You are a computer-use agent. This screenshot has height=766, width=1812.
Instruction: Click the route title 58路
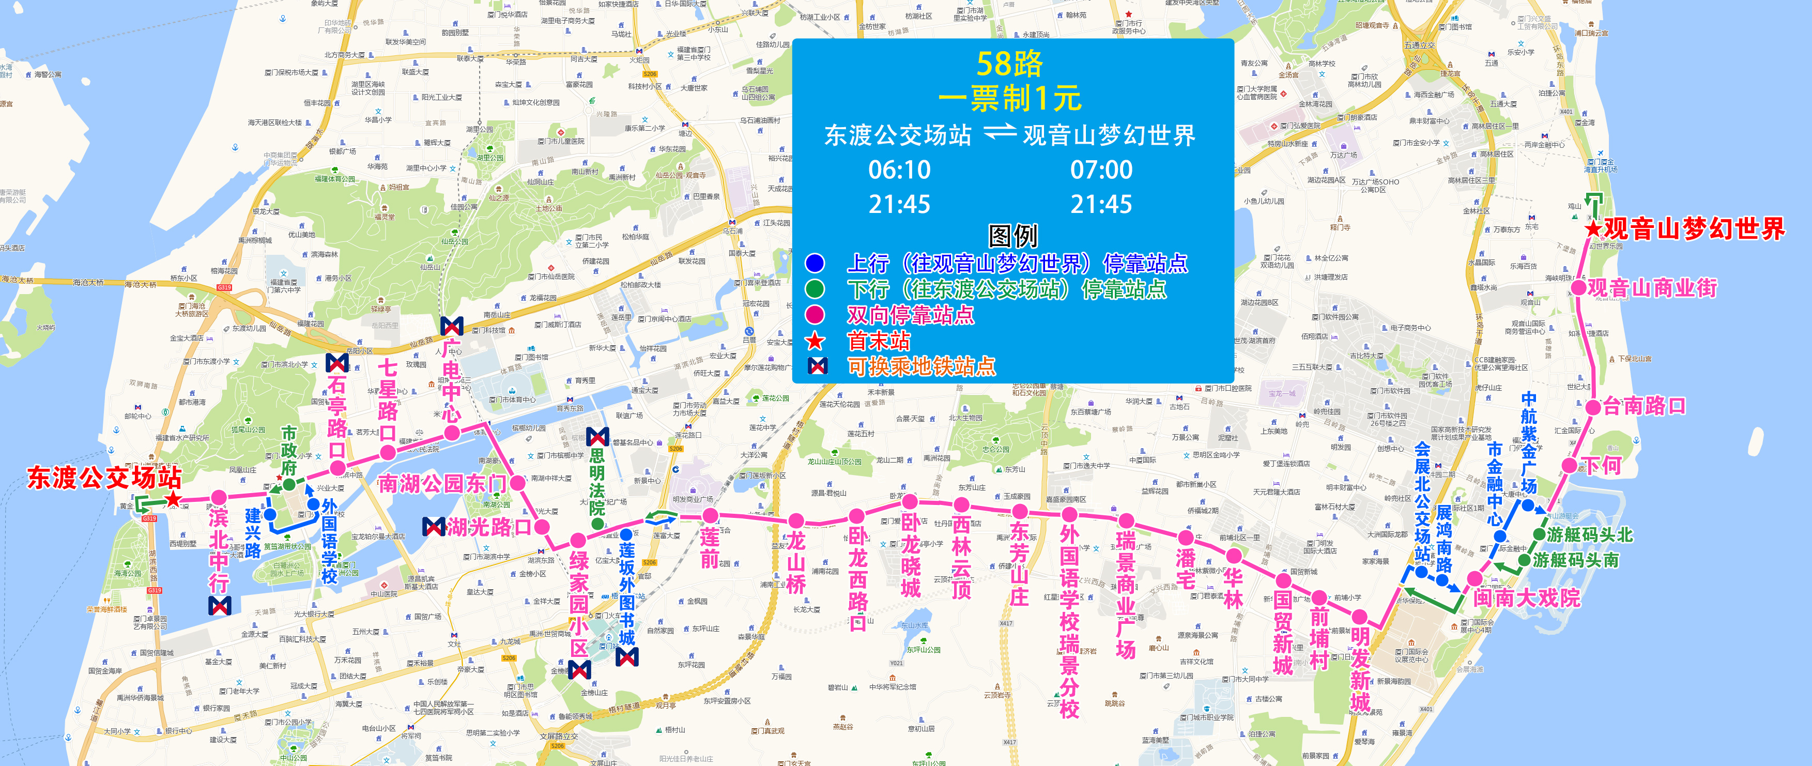pos(1009,64)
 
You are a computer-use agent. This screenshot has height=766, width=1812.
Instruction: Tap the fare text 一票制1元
pos(1010,99)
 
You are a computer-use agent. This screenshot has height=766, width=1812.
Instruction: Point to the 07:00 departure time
pos(1101,170)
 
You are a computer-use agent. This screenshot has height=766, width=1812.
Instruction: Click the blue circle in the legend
pos(815,263)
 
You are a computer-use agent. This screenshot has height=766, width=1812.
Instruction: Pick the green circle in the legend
pos(815,289)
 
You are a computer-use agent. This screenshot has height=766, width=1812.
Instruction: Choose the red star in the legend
pos(815,341)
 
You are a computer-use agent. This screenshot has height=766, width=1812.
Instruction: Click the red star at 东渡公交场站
pos(172,499)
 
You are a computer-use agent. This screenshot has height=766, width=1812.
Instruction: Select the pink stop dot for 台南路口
pos(1594,407)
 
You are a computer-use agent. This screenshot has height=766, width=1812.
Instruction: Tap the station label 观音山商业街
pos(1652,288)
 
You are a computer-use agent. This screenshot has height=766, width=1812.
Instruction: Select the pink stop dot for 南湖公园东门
pos(518,483)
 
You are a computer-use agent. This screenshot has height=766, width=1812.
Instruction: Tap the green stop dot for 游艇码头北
pos(1539,534)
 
